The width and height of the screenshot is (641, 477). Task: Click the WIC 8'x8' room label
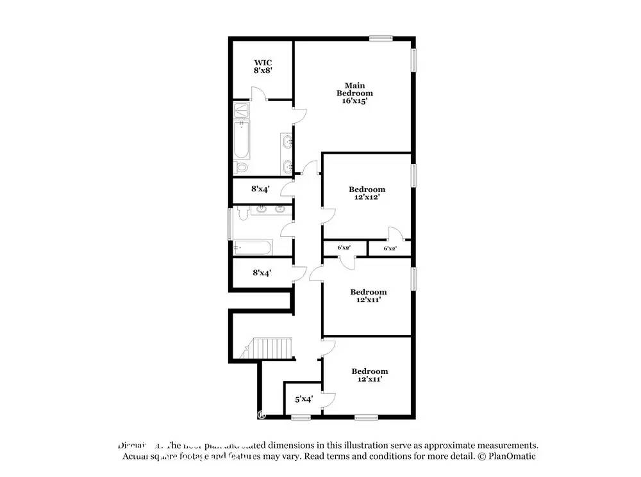[263, 67]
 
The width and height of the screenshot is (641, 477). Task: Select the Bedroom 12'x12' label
[367, 193]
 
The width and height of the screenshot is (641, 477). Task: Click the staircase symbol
[271, 349]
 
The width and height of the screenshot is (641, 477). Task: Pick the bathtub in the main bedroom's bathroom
[242, 140]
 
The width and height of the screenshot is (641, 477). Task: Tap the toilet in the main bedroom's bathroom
[242, 167]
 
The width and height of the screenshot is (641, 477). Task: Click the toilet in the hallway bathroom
[241, 214]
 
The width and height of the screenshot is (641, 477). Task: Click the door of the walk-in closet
[258, 95]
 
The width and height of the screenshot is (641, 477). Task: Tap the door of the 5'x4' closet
[328, 400]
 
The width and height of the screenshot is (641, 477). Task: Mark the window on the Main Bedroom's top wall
[380, 39]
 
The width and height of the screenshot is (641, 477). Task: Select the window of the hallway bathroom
[230, 223]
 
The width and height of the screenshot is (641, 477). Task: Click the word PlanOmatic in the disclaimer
[513, 457]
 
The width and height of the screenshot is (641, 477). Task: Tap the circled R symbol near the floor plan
[262, 414]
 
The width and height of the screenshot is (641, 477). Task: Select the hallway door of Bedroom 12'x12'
[328, 216]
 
